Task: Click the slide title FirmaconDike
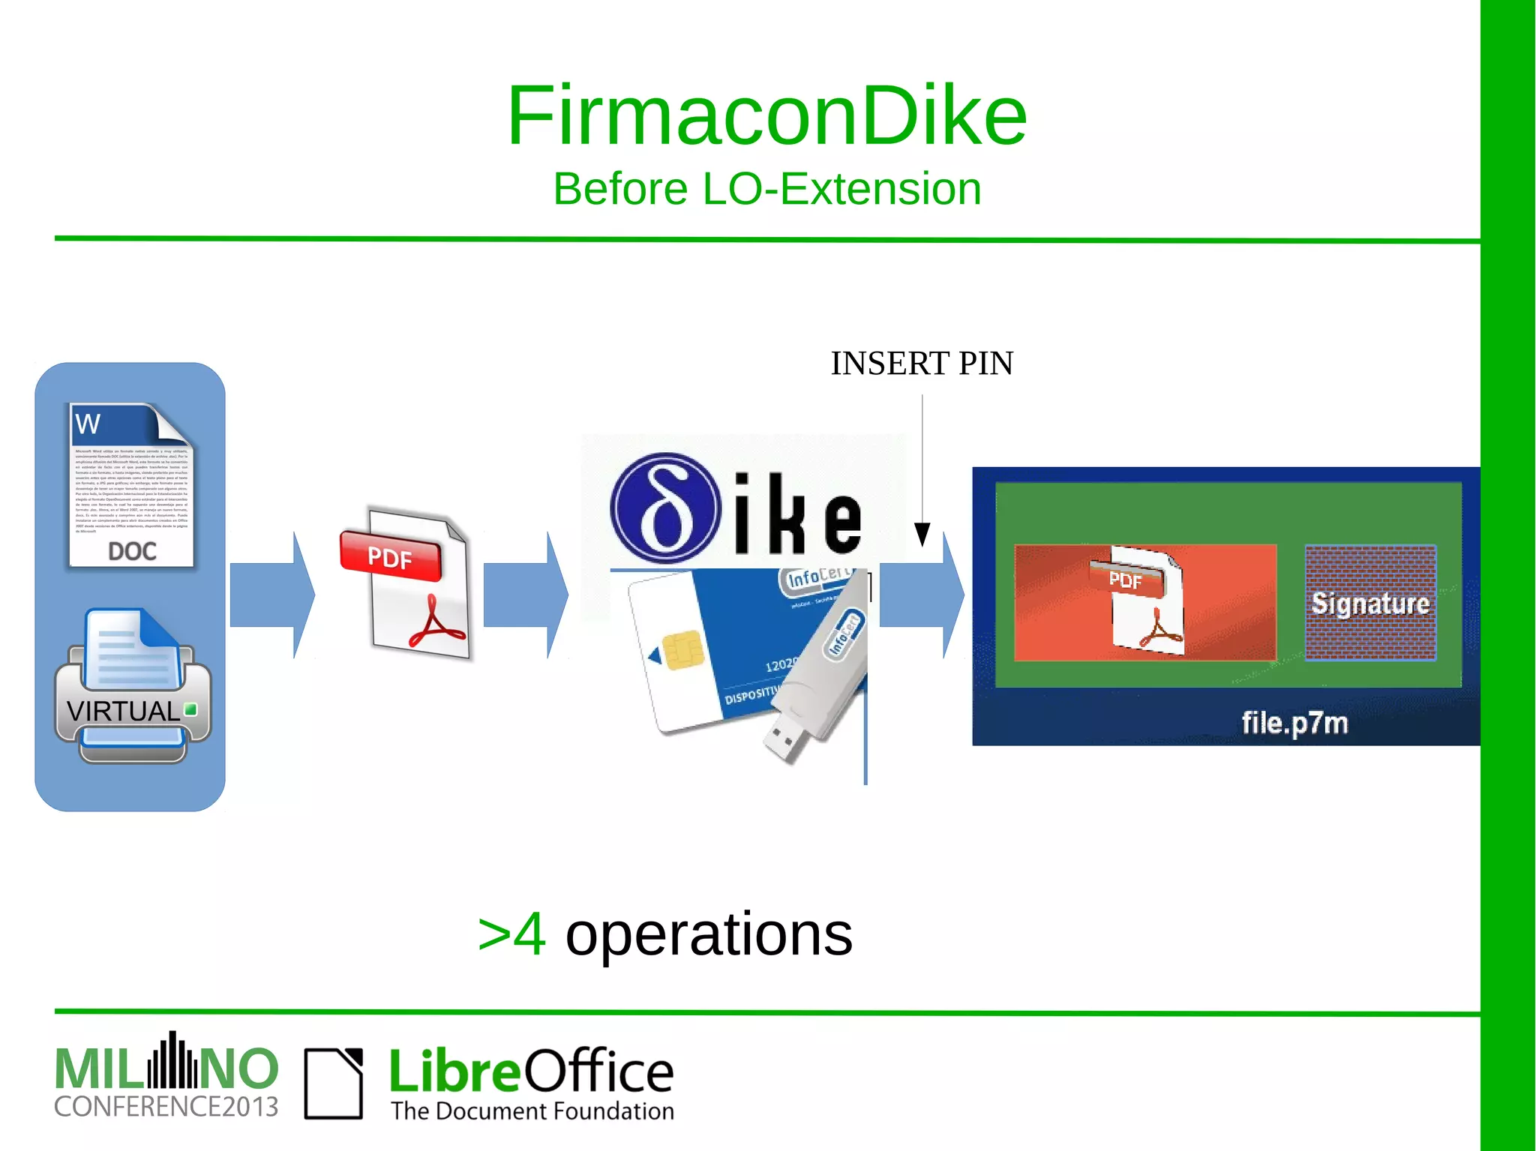click(766, 116)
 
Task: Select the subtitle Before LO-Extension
click(766, 188)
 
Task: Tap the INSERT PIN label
click(922, 364)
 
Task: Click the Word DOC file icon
click(131, 486)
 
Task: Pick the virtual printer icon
click(133, 686)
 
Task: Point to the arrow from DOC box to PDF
click(272, 595)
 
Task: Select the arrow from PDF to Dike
click(526, 595)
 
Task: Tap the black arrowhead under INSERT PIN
click(922, 534)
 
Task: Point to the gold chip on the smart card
click(682, 649)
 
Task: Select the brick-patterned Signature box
click(1370, 603)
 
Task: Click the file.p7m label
click(1294, 723)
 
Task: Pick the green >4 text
click(512, 934)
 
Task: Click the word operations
click(709, 934)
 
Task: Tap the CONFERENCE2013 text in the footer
click(166, 1107)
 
